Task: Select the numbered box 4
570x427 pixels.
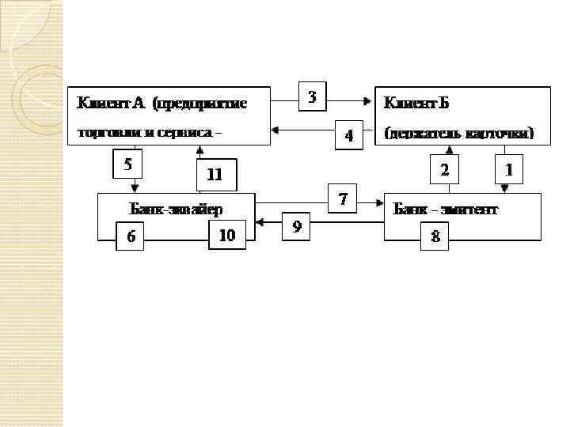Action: pos(348,135)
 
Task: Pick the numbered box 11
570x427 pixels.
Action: pos(215,176)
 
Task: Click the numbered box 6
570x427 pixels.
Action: pos(131,236)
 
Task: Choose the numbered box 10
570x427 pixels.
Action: pos(226,235)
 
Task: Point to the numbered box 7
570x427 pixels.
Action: pos(343,199)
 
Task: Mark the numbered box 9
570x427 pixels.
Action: pos(297,226)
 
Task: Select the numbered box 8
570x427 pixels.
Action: pos(435,236)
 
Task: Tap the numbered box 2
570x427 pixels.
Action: pos(444,169)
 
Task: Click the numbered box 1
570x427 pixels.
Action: pos(509,169)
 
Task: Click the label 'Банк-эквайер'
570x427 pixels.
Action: pos(176,210)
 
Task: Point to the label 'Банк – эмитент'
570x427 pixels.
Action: pos(446,210)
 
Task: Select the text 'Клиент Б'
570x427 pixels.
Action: pos(410,103)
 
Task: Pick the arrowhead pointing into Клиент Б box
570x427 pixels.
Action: pos(369,100)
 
